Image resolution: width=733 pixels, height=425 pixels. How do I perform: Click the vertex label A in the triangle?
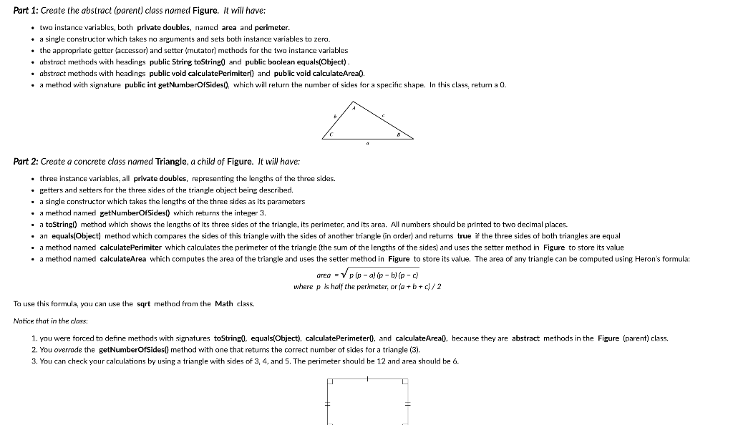pos(353,107)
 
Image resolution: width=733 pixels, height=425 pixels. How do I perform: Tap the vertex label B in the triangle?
pos(398,134)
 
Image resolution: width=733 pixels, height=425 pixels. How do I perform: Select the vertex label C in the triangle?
pos(330,133)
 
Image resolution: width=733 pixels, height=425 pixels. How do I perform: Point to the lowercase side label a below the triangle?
pos(366,143)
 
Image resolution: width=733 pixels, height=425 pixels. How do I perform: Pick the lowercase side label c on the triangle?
pos(384,114)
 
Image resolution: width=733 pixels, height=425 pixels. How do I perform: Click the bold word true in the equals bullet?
pos(464,235)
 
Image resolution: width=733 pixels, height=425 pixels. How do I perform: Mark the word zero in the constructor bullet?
pos(322,39)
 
